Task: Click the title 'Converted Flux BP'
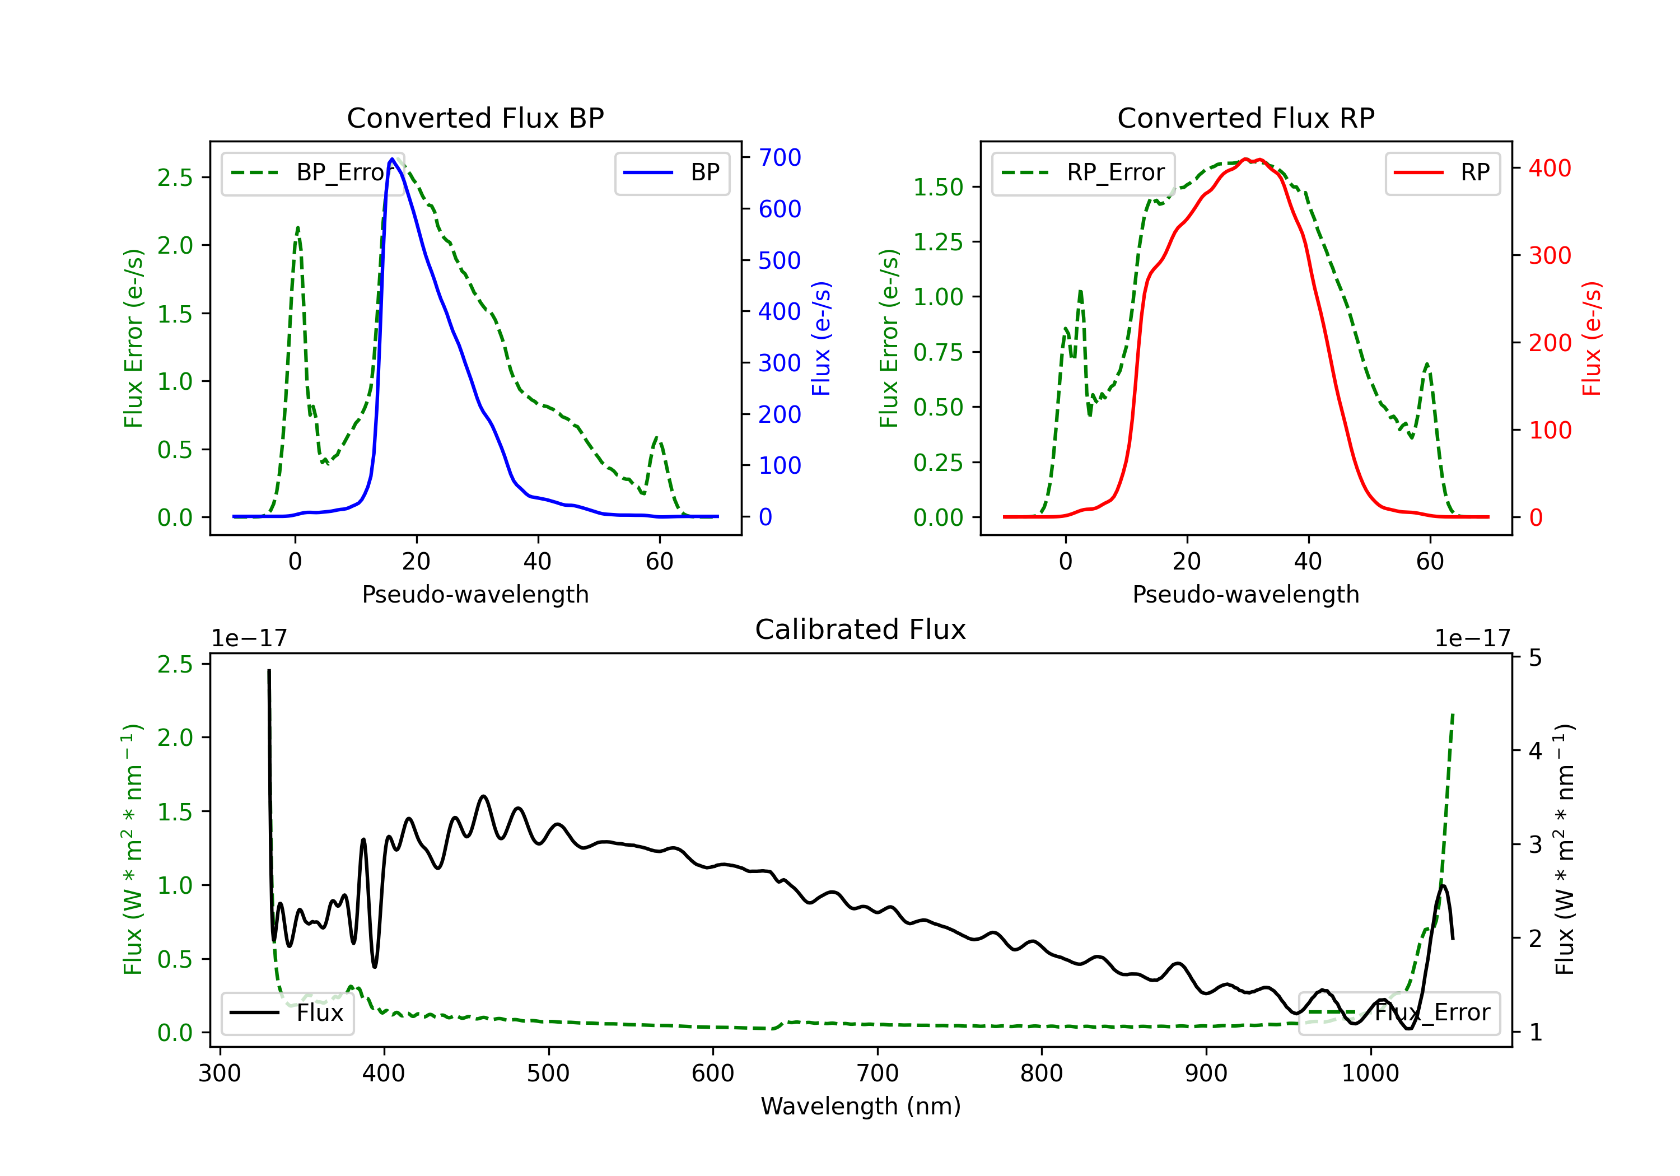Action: pyautogui.click(x=475, y=118)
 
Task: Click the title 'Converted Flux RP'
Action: pyautogui.click(x=1245, y=118)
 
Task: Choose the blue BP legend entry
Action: pyautogui.click(x=671, y=172)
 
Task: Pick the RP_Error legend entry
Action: pyautogui.click(x=1083, y=172)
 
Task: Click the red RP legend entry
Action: pyautogui.click(x=1442, y=172)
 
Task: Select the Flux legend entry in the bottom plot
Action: pyautogui.click(x=288, y=1013)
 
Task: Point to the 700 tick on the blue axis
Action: pyautogui.click(x=780, y=157)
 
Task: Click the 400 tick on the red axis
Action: pyautogui.click(x=1550, y=169)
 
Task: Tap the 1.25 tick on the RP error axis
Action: pyautogui.click(x=937, y=242)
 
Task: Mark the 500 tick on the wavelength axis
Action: pyautogui.click(x=548, y=1074)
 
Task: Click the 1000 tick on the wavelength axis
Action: pyautogui.click(x=1370, y=1074)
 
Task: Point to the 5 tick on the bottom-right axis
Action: pyautogui.click(x=1535, y=659)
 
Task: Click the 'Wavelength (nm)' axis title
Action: pyautogui.click(x=861, y=1106)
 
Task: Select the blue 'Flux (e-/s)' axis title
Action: pyautogui.click(x=821, y=338)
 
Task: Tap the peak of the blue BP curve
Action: pyautogui.click(x=392, y=159)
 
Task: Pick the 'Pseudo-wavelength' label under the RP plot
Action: pyautogui.click(x=1245, y=594)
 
